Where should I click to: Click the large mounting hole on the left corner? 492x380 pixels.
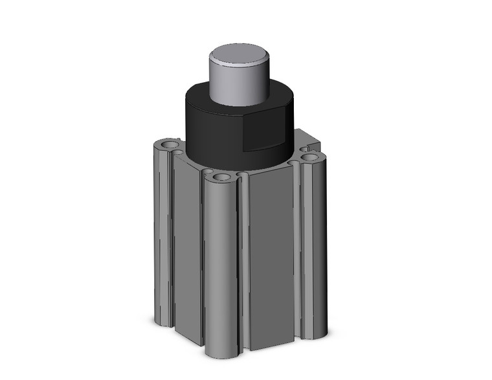tap(169, 143)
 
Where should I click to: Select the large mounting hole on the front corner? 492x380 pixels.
tap(222, 177)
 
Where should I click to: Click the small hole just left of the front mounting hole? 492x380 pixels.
tap(209, 172)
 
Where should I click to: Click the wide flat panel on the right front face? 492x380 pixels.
tap(271, 259)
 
